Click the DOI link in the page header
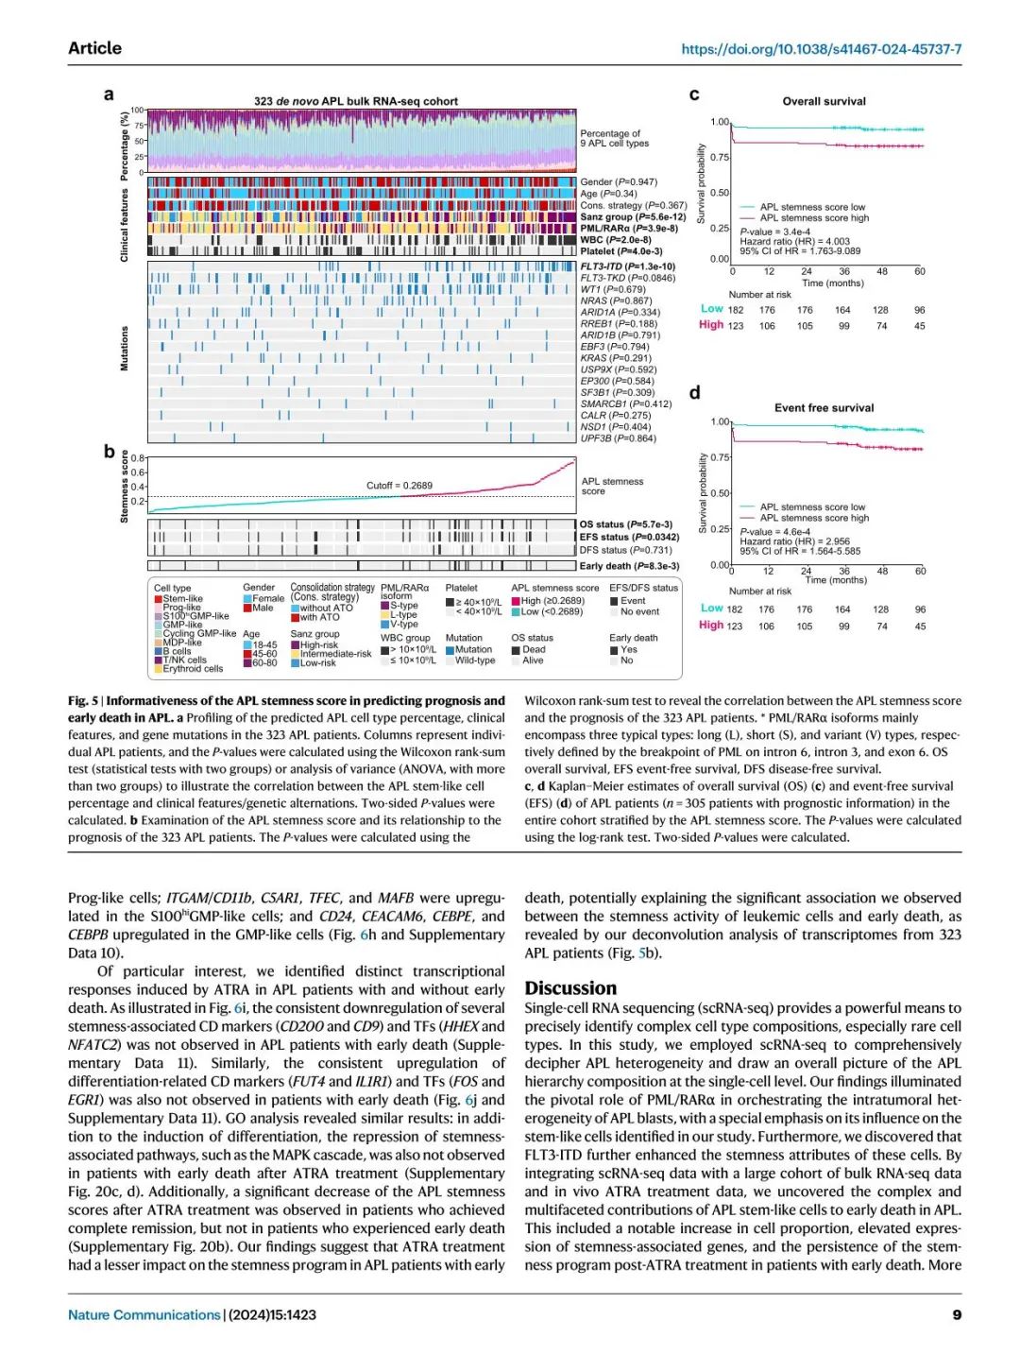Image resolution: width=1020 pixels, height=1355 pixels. [x=821, y=49]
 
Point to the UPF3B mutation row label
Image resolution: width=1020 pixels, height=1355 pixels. [x=618, y=438]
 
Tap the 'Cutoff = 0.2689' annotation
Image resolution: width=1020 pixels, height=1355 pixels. [x=399, y=486]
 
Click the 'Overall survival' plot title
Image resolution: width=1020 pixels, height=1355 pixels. [x=824, y=101]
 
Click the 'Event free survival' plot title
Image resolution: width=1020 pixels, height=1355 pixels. [x=824, y=408]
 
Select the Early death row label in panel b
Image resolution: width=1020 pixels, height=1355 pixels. [x=629, y=566]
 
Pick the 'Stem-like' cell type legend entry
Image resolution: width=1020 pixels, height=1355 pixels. [x=182, y=598]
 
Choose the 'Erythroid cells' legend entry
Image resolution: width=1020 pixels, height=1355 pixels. [x=193, y=669]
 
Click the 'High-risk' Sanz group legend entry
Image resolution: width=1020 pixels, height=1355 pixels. [x=319, y=645]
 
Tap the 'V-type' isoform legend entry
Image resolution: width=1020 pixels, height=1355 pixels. [x=403, y=624]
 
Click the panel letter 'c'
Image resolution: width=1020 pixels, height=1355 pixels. [x=694, y=94]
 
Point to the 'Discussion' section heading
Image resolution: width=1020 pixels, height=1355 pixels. [x=570, y=988]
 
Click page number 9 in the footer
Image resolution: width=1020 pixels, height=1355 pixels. [x=957, y=1314]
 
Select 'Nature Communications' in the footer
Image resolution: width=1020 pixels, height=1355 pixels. [x=144, y=1314]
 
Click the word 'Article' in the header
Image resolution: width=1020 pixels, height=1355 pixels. [x=94, y=48]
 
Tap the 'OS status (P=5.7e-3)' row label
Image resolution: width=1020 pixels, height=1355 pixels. [x=626, y=524]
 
